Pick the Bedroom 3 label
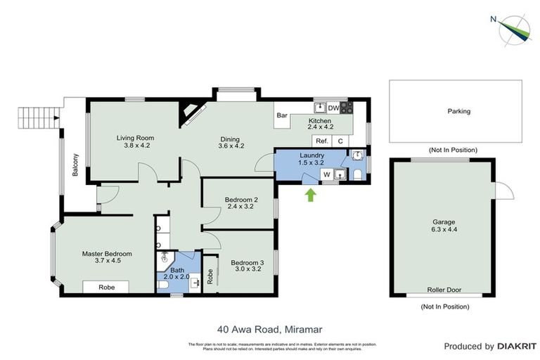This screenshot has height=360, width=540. pyautogui.click(x=247, y=264)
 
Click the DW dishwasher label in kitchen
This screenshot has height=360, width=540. pyautogui.click(x=333, y=108)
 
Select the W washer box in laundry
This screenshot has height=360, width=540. pyautogui.click(x=326, y=174)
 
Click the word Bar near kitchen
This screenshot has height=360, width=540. pyautogui.click(x=283, y=115)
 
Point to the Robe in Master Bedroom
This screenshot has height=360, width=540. pyautogui.click(x=106, y=287)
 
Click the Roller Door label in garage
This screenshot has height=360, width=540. pyautogui.click(x=444, y=290)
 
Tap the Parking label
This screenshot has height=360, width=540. pyautogui.click(x=458, y=111)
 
